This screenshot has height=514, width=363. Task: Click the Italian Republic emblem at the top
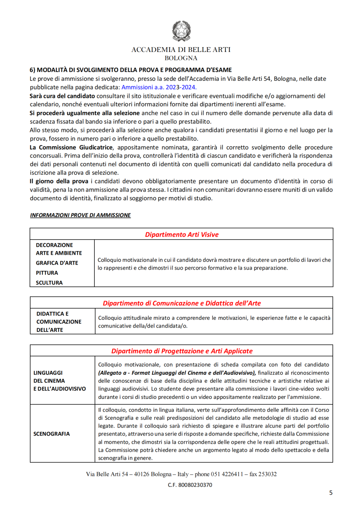tap(182, 31)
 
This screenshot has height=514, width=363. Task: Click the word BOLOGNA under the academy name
tap(181, 58)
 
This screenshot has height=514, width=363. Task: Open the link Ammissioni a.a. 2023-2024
tap(159, 87)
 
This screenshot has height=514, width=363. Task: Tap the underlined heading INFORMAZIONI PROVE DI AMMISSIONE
tap(80, 215)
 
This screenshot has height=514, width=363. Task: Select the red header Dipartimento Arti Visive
tap(182, 235)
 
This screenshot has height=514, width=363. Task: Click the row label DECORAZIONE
tap(54, 245)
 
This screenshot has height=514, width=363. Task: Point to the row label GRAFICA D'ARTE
tap(57, 263)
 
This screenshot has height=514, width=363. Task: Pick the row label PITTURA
tap(47, 273)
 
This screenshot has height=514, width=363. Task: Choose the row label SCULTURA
tap(49, 283)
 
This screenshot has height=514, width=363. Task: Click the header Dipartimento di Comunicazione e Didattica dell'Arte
tap(182, 303)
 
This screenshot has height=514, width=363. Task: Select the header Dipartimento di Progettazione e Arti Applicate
tap(182, 351)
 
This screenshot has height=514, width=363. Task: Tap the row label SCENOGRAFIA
tap(51, 434)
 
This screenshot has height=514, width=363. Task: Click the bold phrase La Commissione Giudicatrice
tap(71, 147)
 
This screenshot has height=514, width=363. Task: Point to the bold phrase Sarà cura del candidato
tap(62, 96)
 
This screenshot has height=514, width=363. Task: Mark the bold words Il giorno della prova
tap(59, 181)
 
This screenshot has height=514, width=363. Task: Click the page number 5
tap(331, 493)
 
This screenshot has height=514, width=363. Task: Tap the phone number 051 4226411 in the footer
tap(227, 474)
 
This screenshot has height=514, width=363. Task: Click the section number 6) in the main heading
tap(32, 70)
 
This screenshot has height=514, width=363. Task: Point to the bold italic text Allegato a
tap(113, 373)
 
